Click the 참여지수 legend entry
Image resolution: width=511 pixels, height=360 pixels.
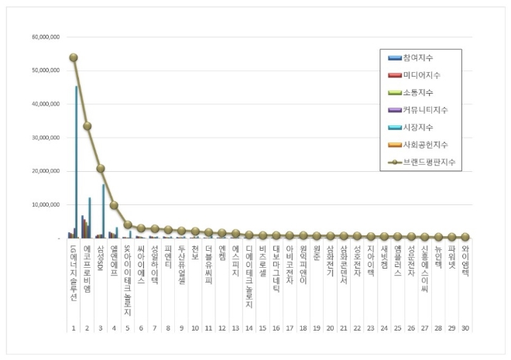419,59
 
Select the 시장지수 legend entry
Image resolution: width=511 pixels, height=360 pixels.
419,128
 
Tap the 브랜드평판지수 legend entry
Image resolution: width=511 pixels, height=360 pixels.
427,162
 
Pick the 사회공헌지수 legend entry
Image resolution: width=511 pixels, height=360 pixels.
424,145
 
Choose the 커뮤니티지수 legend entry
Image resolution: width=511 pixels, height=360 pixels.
424,111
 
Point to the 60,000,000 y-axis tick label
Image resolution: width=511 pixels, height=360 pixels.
47,36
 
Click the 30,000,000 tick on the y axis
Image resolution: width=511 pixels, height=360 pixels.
47,138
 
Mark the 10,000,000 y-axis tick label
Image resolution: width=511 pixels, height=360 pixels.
47,205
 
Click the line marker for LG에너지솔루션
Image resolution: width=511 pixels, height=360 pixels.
74,57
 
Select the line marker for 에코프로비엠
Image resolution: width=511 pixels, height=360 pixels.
87,126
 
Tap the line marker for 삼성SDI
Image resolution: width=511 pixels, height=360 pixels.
101,169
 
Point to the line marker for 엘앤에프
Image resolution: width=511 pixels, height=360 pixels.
115,205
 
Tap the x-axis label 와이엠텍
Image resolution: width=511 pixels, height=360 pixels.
465,263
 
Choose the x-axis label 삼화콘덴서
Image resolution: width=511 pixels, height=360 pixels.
344,267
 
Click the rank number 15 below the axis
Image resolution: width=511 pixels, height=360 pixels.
262,328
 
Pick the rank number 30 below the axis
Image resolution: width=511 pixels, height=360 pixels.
465,328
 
